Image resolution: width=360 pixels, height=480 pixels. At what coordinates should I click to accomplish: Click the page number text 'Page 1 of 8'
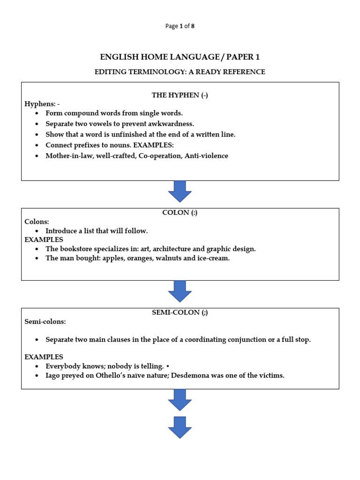pyautogui.click(x=180, y=26)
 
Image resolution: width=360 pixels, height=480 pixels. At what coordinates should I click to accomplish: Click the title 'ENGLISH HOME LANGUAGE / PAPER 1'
pyautogui.click(x=180, y=57)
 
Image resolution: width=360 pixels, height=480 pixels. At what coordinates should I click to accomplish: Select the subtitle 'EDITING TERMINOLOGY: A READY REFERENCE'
pyautogui.click(x=180, y=72)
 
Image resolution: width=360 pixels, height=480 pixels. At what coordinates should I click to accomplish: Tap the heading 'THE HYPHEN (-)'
pyautogui.click(x=180, y=95)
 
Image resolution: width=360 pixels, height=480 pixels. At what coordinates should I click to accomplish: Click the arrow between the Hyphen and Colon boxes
pyautogui.click(x=180, y=191)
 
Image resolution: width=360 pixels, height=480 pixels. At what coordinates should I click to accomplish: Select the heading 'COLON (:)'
pyautogui.click(x=180, y=212)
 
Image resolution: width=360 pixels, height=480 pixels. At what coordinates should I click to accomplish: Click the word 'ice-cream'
pyautogui.click(x=215, y=258)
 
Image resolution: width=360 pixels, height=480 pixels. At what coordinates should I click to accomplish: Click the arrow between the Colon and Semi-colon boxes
pyautogui.click(x=180, y=291)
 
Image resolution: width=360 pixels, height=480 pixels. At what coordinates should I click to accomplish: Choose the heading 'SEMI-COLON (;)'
pyautogui.click(x=180, y=313)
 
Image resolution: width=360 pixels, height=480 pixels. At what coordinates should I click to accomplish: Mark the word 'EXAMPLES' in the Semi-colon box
pyautogui.click(x=44, y=357)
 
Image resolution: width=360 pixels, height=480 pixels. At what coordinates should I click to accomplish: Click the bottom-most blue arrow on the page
pyautogui.click(x=180, y=427)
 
